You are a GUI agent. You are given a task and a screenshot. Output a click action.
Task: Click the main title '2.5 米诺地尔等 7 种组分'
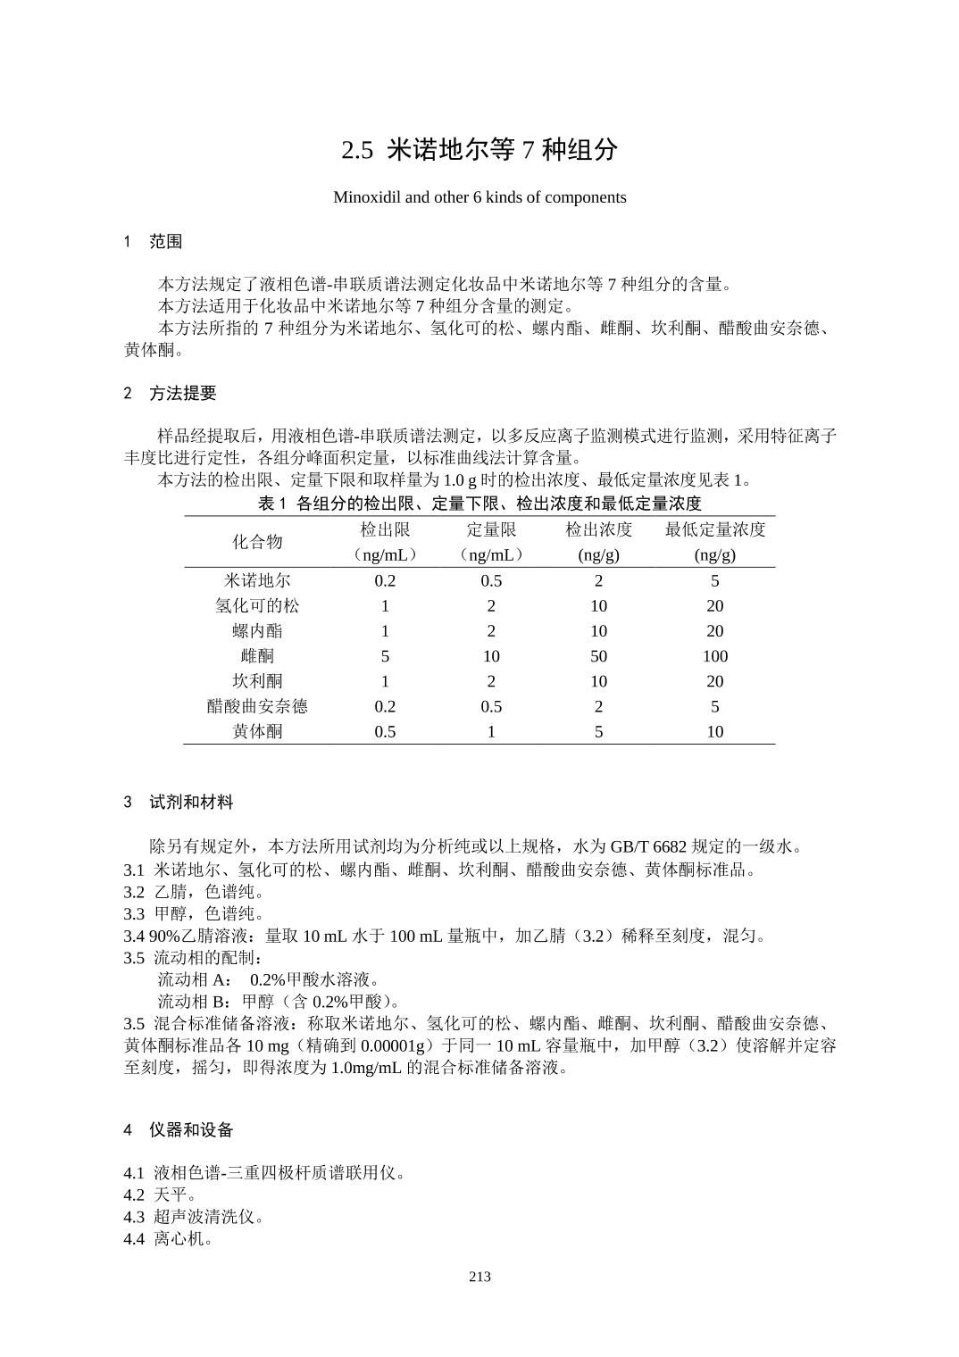click(479, 150)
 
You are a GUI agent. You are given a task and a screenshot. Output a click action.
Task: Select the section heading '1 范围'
click(154, 241)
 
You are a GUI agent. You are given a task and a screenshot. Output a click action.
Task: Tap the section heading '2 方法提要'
click(170, 393)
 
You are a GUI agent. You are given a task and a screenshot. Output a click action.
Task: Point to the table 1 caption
click(479, 504)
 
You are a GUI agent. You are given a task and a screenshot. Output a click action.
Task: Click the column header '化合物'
click(257, 542)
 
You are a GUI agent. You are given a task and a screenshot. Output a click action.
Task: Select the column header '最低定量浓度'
click(715, 529)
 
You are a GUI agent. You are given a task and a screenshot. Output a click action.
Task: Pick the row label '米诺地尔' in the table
click(257, 581)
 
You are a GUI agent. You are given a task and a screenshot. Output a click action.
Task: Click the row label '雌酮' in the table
click(257, 656)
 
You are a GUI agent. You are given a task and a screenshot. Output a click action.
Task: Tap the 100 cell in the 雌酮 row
click(715, 656)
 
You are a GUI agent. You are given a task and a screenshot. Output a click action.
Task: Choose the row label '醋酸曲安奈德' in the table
click(257, 706)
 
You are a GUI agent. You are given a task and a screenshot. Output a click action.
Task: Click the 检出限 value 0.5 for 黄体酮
click(385, 732)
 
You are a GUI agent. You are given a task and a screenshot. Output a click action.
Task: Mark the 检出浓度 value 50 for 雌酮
click(598, 656)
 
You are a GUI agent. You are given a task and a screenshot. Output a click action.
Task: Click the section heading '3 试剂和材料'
click(179, 802)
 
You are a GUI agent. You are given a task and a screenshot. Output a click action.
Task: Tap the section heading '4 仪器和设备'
click(179, 1129)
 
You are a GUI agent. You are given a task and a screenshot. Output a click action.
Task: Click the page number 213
click(479, 1277)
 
